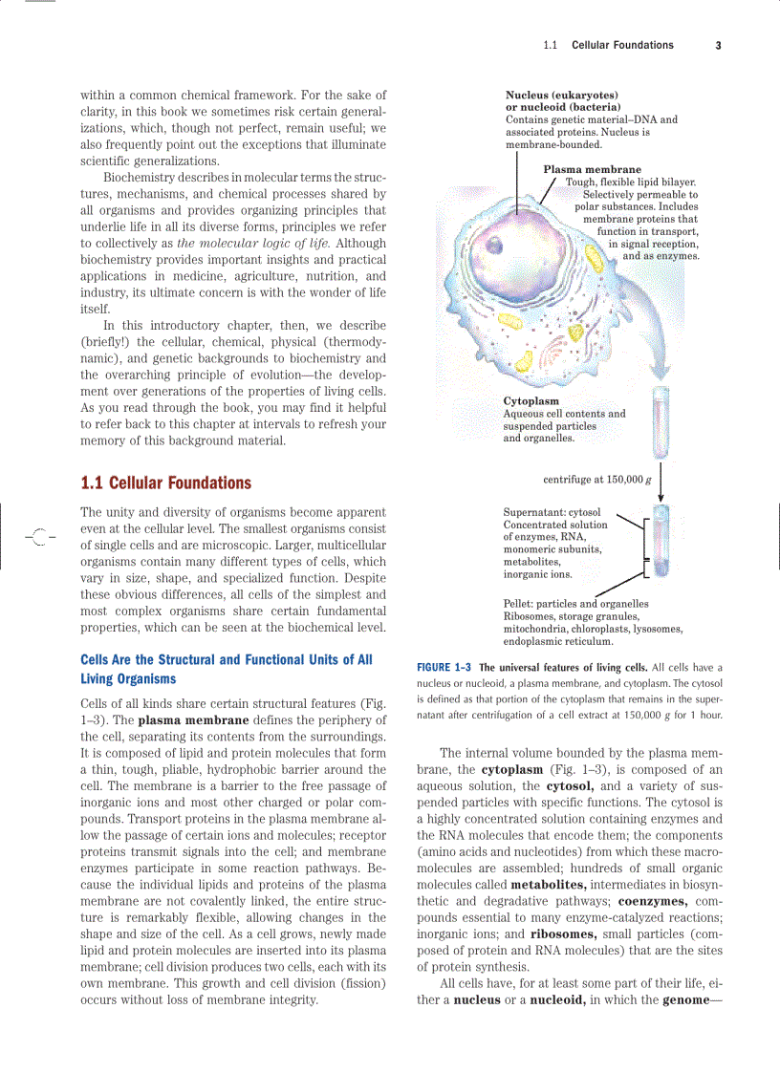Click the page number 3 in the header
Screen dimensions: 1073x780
717,45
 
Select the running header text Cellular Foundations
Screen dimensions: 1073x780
622,45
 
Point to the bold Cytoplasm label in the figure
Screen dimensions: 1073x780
531,401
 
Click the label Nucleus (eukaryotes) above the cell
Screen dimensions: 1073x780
561,96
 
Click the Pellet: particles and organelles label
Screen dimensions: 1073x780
575,604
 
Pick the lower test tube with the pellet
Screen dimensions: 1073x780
660,541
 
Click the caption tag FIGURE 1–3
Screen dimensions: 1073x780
444,668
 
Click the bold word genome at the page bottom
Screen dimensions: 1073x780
691,1000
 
